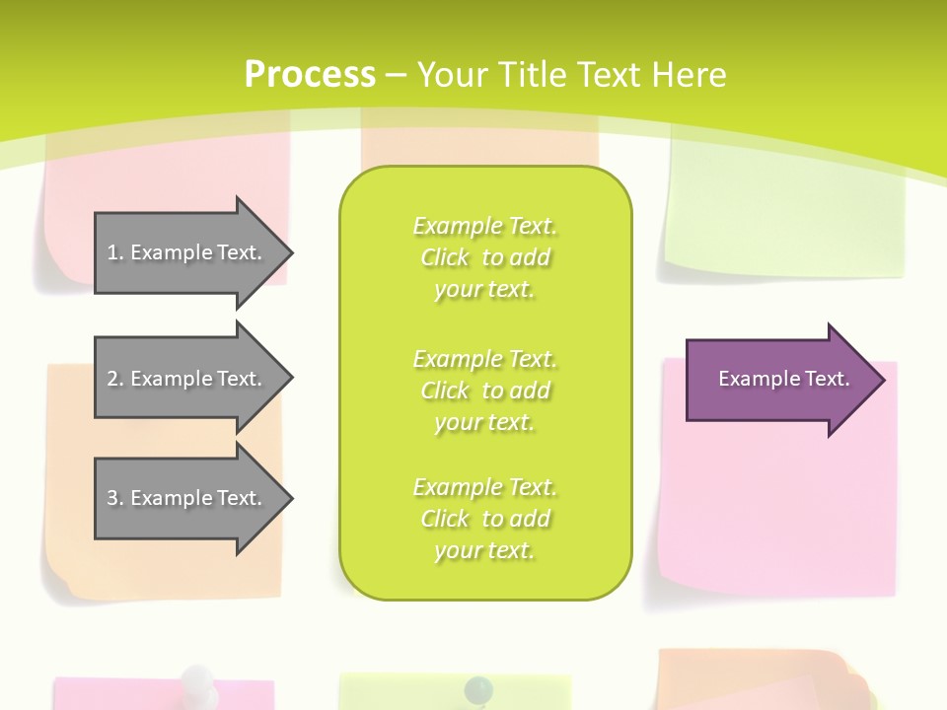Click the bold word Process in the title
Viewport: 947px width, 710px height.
tap(310, 75)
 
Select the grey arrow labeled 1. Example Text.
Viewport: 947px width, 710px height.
tap(187, 252)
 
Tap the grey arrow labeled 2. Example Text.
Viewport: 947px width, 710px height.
tap(187, 379)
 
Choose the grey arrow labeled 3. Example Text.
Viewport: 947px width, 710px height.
tap(187, 498)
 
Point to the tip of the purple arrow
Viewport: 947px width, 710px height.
tap(883, 380)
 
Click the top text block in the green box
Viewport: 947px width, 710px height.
tap(484, 257)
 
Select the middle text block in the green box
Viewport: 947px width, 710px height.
tap(484, 390)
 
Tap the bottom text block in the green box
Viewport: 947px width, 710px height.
tap(484, 519)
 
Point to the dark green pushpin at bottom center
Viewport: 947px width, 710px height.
tap(478, 686)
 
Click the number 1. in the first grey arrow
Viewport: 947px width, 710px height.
tap(115, 252)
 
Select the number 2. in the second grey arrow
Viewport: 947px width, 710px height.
tap(115, 379)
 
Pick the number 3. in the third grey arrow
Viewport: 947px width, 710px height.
tap(115, 498)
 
